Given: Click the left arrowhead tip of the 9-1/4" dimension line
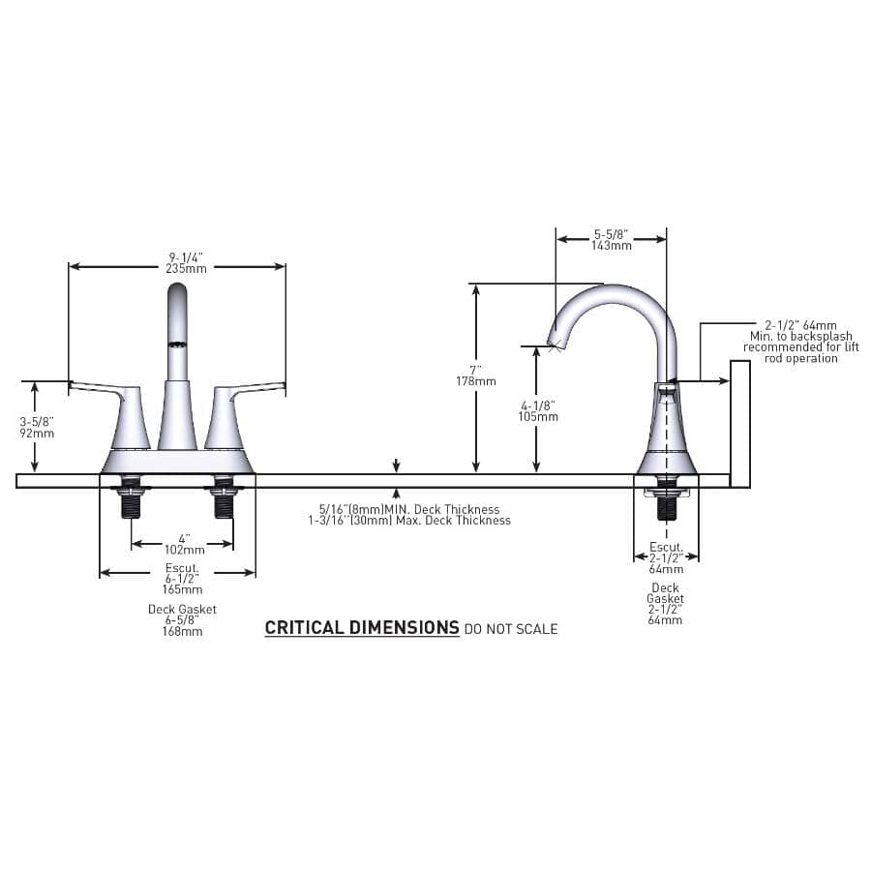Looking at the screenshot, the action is coord(69,267).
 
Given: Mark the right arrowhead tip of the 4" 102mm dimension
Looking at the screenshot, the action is coord(232,543).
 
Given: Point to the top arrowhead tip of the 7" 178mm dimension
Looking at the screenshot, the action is coord(476,285).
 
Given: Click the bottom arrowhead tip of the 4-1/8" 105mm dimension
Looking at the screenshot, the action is coord(536,472).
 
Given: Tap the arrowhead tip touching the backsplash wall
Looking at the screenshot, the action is coord(730,380).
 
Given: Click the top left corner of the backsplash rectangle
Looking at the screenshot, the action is coord(731,361).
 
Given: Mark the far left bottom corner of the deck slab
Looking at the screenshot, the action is coord(16,488).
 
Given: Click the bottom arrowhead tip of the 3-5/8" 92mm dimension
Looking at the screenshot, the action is coord(35,472).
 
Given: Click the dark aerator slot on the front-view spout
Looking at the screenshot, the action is coord(177,345).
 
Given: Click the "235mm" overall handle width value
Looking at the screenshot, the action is coord(186,269).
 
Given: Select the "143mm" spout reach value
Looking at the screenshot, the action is coord(612,246).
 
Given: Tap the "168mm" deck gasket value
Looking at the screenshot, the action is coord(182,632).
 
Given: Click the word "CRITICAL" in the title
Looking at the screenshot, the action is coord(305,628).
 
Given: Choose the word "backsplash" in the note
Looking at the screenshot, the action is coord(821,337).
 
